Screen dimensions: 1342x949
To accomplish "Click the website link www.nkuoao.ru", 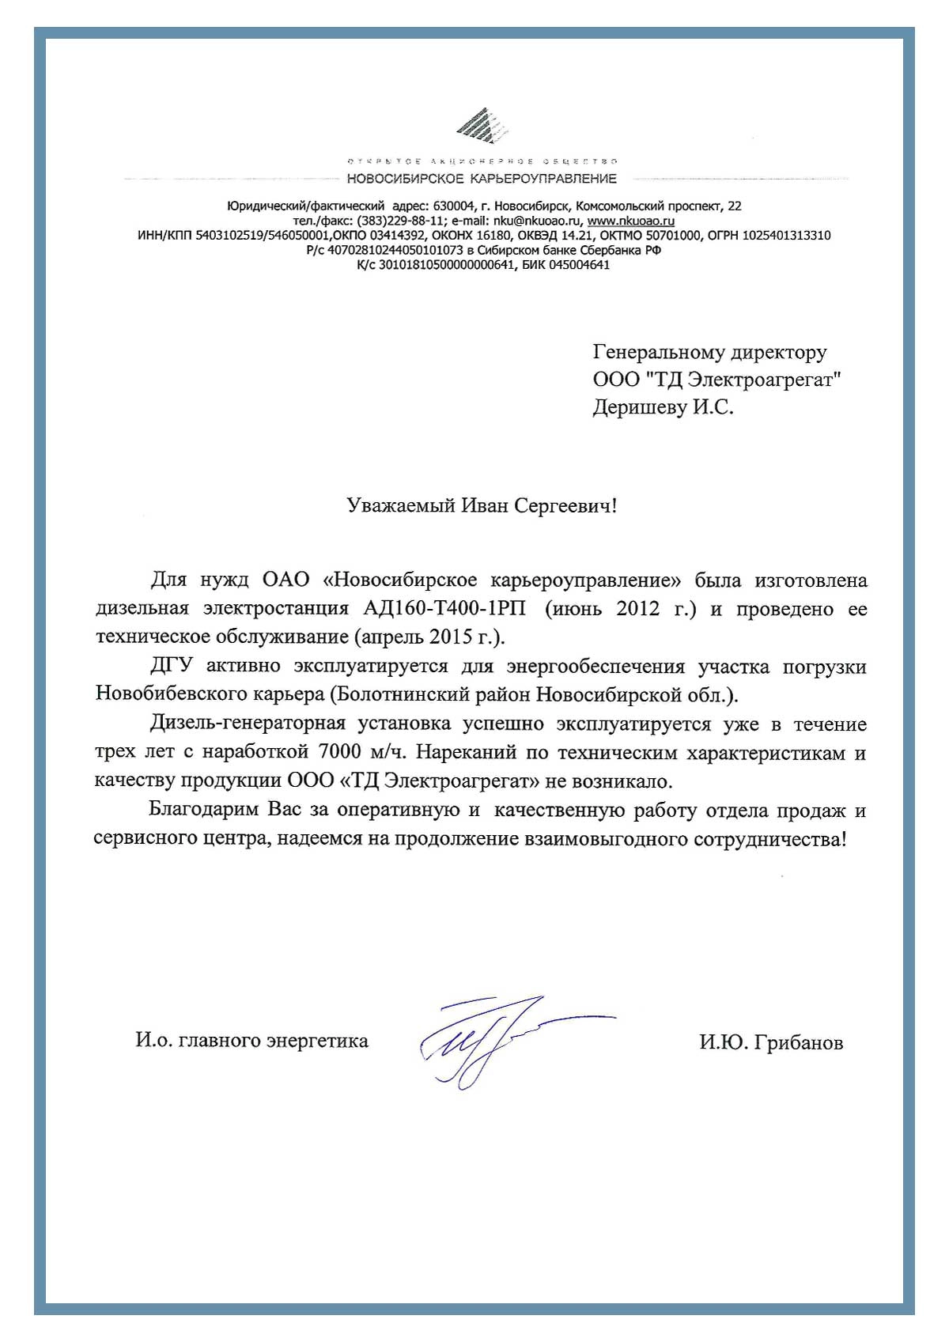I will click(x=631, y=221).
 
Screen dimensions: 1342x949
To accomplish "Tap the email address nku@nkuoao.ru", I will click(x=537, y=221).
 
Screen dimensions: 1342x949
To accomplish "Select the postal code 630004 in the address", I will click(x=450, y=206).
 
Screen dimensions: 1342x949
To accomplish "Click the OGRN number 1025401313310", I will click(x=786, y=235).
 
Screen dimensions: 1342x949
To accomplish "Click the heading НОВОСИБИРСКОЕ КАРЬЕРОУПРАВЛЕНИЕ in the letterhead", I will click(x=482, y=179).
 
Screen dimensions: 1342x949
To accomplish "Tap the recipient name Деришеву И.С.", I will click(x=663, y=407).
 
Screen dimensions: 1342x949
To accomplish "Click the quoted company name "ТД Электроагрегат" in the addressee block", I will click(x=743, y=380).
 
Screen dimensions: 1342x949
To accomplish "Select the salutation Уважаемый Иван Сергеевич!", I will click(x=482, y=505).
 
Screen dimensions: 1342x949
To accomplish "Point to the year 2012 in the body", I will click(x=637, y=609).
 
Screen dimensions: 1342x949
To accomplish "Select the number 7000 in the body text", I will click(x=340, y=752).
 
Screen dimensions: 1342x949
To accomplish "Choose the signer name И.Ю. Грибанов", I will click(x=770, y=1043).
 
